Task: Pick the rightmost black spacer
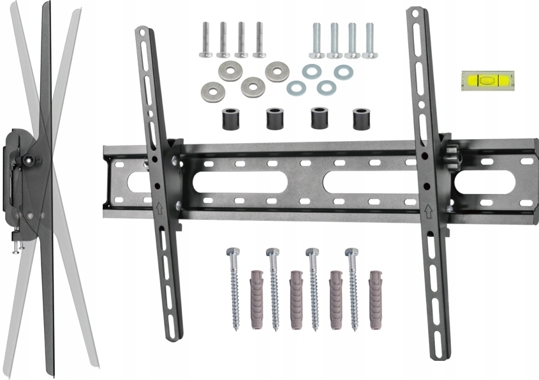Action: tap(362, 119)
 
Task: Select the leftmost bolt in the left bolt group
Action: tap(205, 40)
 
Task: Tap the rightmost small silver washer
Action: tap(343, 72)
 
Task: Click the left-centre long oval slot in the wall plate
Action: tap(239, 183)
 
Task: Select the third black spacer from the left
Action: tap(318, 119)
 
